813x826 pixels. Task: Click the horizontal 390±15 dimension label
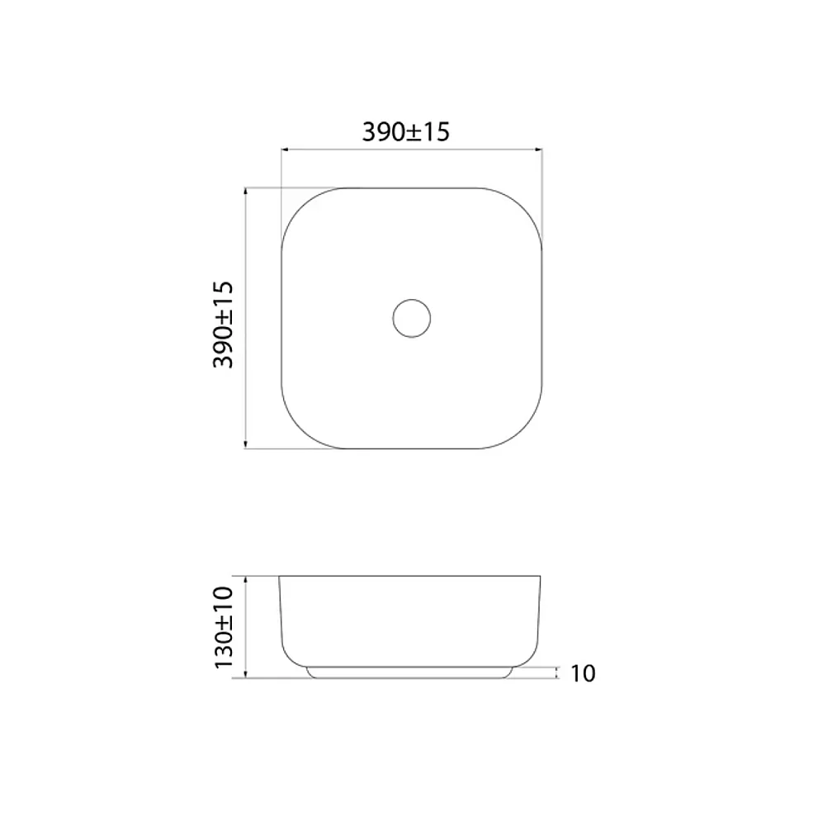coord(405,131)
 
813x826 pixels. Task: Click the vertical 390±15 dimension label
coord(223,325)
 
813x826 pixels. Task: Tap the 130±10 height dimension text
coord(223,628)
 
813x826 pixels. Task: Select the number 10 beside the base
coord(583,673)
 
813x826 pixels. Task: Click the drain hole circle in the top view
coord(412,299)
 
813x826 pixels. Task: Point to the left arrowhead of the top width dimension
coord(284,150)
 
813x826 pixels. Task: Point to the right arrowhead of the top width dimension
coord(539,150)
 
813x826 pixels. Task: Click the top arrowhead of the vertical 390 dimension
coord(246,192)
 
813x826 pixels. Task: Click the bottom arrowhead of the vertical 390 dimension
coord(246,445)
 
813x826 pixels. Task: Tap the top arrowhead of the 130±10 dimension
coord(246,580)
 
